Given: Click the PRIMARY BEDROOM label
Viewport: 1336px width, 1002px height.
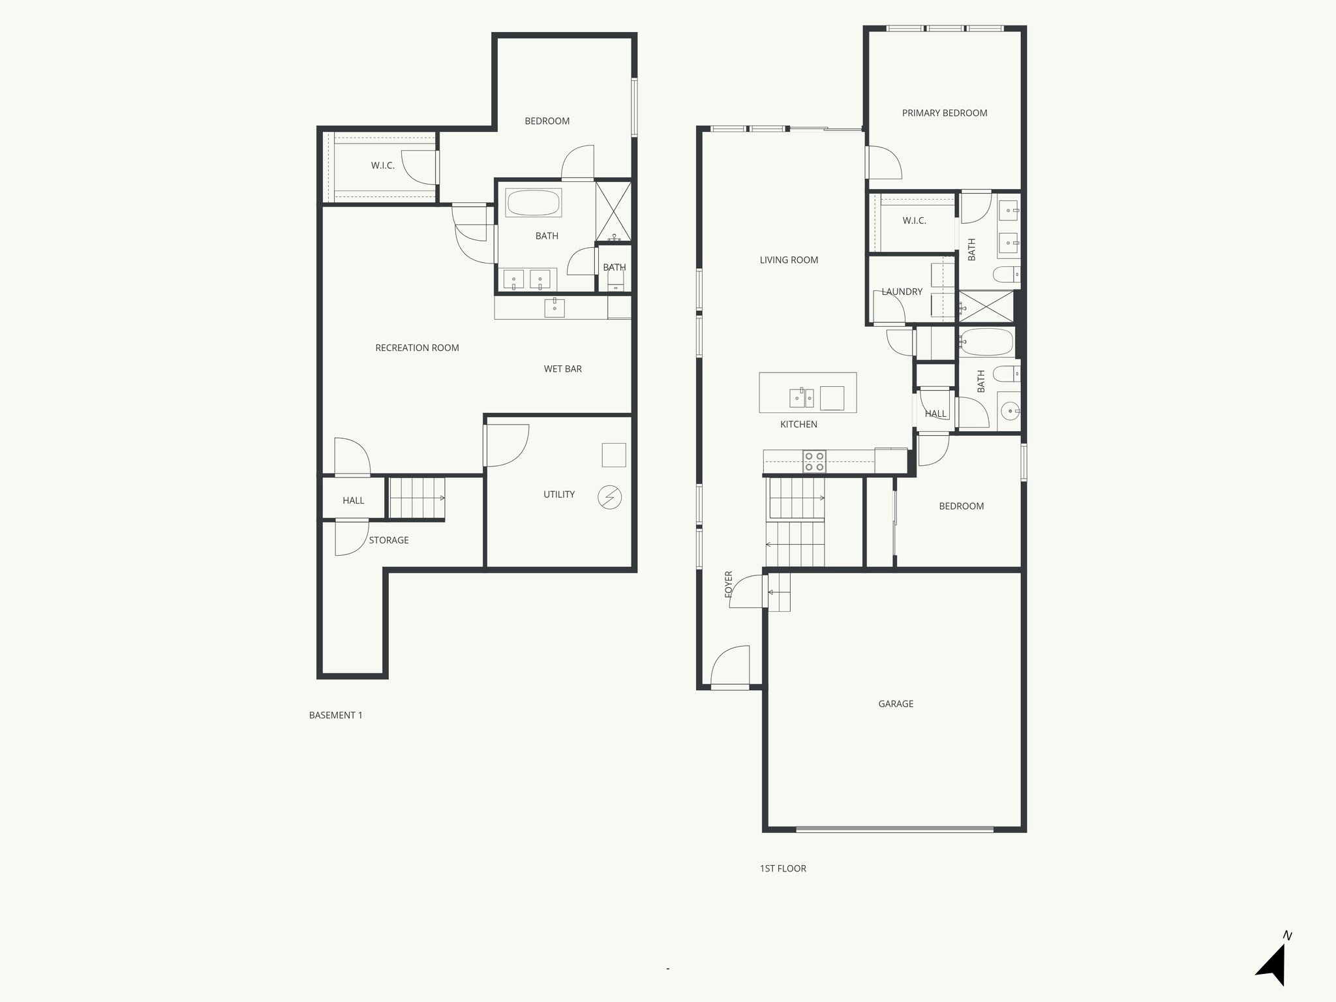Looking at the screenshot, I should [944, 113].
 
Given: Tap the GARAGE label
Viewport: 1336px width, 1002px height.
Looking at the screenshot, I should [895, 704].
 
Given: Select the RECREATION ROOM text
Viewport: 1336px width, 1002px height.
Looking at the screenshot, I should [417, 348].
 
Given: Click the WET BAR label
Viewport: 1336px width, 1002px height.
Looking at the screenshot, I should [562, 369].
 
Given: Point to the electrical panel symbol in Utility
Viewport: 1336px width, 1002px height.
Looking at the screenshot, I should [609, 498].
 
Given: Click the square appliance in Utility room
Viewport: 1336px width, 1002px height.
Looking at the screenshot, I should [613, 455].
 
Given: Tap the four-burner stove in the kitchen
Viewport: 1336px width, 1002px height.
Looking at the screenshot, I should [814, 461].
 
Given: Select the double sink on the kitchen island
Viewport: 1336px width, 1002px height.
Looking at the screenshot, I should [802, 397].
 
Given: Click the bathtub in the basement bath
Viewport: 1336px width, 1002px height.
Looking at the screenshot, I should [533, 203].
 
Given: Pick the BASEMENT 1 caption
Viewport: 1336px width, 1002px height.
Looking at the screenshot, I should [335, 715].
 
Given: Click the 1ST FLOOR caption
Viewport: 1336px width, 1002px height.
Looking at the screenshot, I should [783, 868].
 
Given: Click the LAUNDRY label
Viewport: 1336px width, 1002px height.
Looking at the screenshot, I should [902, 292].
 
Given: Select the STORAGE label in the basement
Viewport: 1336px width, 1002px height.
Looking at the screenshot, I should [389, 540].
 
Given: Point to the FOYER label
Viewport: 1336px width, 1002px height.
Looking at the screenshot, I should [729, 584].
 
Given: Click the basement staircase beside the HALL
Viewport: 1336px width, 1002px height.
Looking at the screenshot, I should [417, 498].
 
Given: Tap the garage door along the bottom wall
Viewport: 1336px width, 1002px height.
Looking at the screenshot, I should [894, 830].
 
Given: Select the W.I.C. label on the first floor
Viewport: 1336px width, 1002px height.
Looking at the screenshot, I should [914, 220].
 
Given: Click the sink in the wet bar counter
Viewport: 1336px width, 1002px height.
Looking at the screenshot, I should [554, 307].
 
